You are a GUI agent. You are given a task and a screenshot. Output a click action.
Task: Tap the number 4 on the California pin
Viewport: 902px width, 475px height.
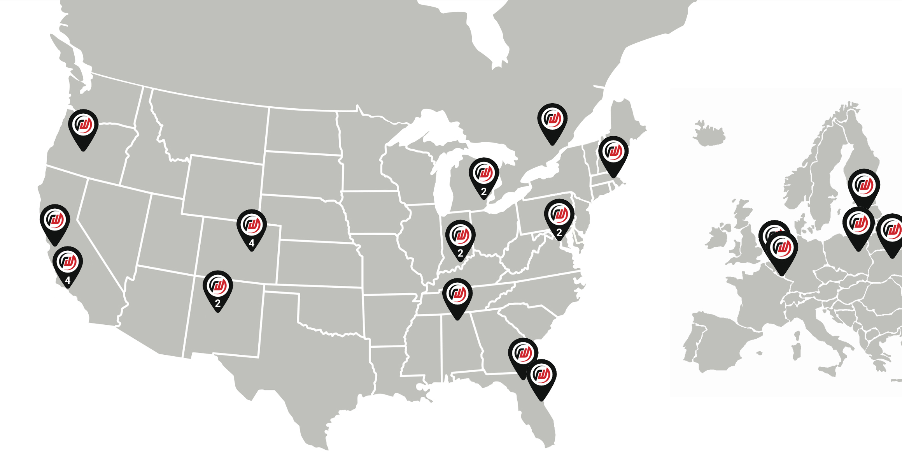(x=68, y=280)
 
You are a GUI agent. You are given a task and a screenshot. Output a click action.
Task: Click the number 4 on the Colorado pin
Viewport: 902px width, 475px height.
(x=252, y=243)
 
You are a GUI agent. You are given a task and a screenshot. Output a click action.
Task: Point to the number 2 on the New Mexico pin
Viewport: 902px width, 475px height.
(x=218, y=303)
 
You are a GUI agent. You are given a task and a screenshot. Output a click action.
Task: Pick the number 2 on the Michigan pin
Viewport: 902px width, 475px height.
(x=484, y=192)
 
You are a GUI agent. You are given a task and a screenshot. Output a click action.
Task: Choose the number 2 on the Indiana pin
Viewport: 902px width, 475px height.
(x=461, y=253)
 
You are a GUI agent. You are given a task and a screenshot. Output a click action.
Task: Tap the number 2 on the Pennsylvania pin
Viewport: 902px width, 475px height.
(x=559, y=232)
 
